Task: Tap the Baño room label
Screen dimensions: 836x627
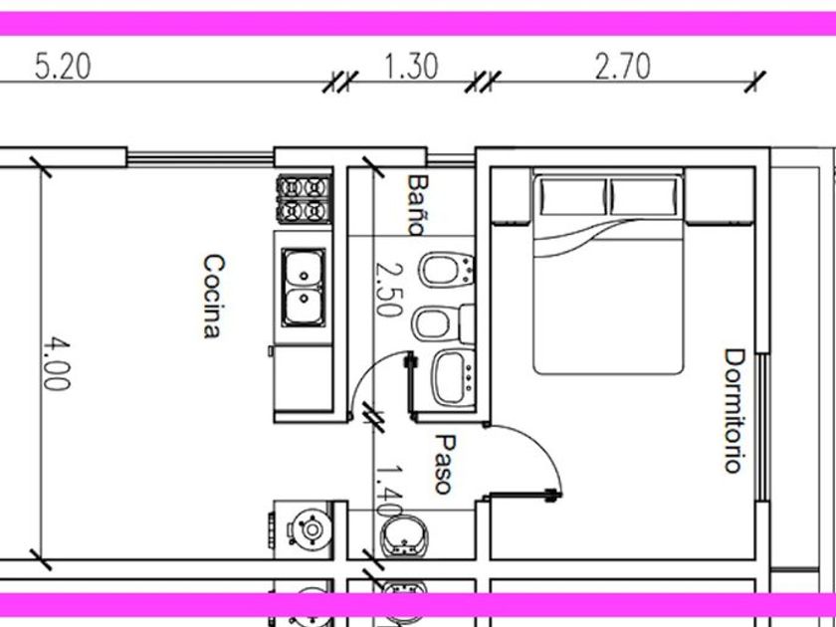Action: (417, 205)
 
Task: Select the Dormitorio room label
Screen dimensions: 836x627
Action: (733, 410)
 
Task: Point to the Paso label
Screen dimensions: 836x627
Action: (445, 464)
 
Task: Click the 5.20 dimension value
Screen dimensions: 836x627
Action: (63, 67)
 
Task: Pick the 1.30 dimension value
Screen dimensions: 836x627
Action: (411, 66)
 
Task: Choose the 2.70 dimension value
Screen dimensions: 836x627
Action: (622, 67)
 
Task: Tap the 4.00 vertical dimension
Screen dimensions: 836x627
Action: (56, 363)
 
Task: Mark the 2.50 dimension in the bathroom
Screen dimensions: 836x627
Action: (388, 289)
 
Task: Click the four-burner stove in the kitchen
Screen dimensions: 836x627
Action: (304, 199)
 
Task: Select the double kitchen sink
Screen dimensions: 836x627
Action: (304, 288)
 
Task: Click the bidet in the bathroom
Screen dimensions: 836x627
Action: (446, 270)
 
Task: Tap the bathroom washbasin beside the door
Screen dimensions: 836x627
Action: (453, 378)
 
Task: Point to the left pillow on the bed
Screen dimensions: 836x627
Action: (573, 196)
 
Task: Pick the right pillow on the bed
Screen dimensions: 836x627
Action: (644, 196)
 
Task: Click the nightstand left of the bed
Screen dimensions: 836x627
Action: (511, 196)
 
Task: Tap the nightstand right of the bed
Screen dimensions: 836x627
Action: (720, 196)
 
